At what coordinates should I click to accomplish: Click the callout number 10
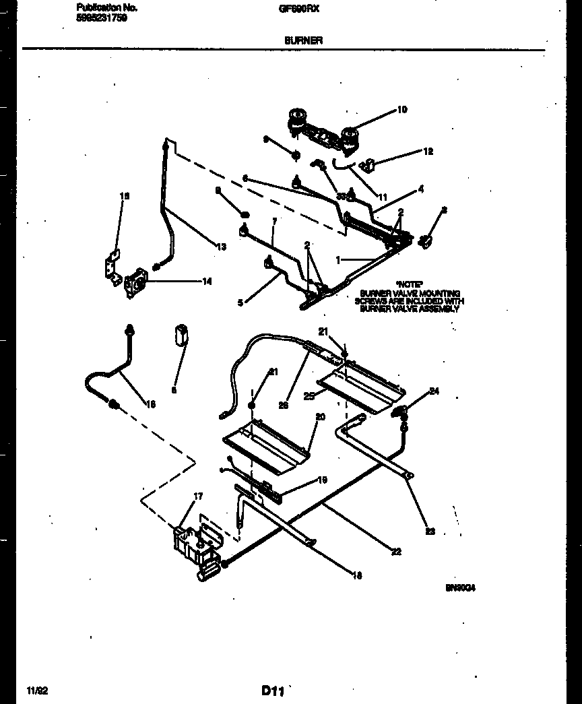(402, 110)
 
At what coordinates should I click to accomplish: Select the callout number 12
(428, 152)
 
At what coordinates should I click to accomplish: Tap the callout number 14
(207, 282)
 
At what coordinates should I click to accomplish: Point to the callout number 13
(222, 247)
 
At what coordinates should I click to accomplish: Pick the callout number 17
(198, 497)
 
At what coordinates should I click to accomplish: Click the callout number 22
(397, 552)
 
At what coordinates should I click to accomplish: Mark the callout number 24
(434, 391)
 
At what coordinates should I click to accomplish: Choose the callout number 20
(321, 417)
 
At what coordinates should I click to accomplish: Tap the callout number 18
(357, 575)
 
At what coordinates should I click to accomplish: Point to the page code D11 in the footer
(272, 691)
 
